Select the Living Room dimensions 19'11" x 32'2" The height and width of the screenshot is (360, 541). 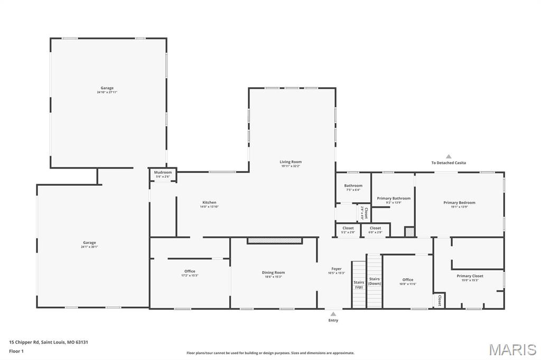click(x=291, y=166)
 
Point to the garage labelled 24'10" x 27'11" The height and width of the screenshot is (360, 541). click(x=107, y=90)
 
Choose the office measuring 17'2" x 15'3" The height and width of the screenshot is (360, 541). click(x=190, y=273)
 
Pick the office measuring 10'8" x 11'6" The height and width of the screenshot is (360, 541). click(x=407, y=281)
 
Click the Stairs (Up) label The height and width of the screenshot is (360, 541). click(x=359, y=284)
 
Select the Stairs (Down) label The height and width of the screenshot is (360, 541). click(x=375, y=281)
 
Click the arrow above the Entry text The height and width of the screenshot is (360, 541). click(x=333, y=314)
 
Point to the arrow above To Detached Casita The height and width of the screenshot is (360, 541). click(x=449, y=156)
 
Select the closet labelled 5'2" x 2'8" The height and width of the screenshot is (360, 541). click(x=348, y=230)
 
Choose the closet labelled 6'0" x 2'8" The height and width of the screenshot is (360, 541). click(x=375, y=230)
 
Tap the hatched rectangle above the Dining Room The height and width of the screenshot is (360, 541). click(x=275, y=241)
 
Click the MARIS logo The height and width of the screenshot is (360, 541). click(x=512, y=349)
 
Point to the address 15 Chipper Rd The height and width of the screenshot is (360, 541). click(x=48, y=342)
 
